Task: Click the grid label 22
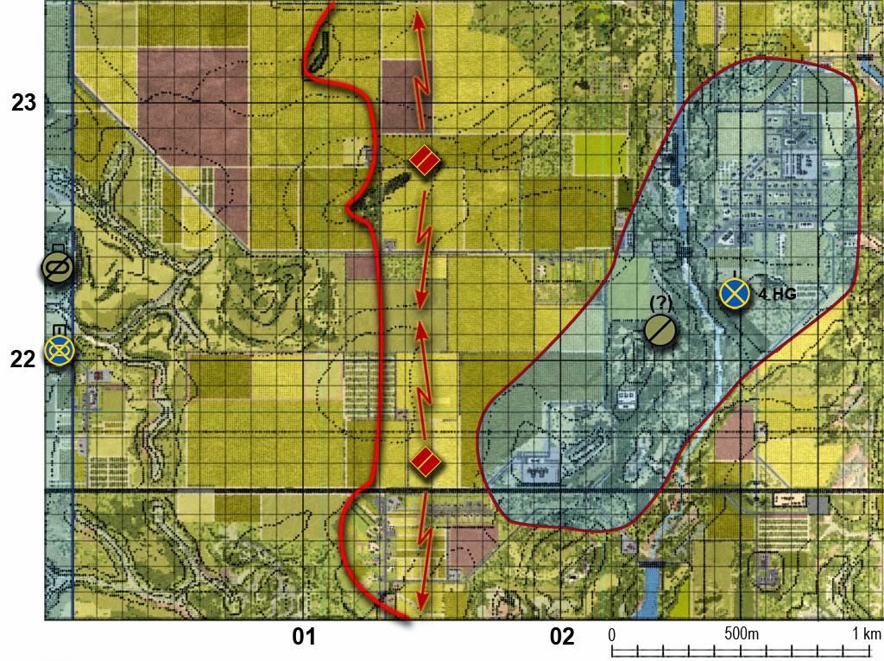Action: pos(23,357)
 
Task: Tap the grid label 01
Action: pos(302,638)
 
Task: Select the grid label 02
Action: pos(562,638)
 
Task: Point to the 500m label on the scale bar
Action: pos(742,634)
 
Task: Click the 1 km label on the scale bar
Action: pos(866,634)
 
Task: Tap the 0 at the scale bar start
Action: pos(612,634)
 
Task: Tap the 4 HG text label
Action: pos(777,295)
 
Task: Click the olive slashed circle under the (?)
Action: pos(660,330)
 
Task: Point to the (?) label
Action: pos(660,304)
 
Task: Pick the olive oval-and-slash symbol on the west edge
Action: pos(57,268)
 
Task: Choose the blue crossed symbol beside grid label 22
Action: pos(59,349)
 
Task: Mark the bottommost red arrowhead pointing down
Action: pos(422,603)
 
